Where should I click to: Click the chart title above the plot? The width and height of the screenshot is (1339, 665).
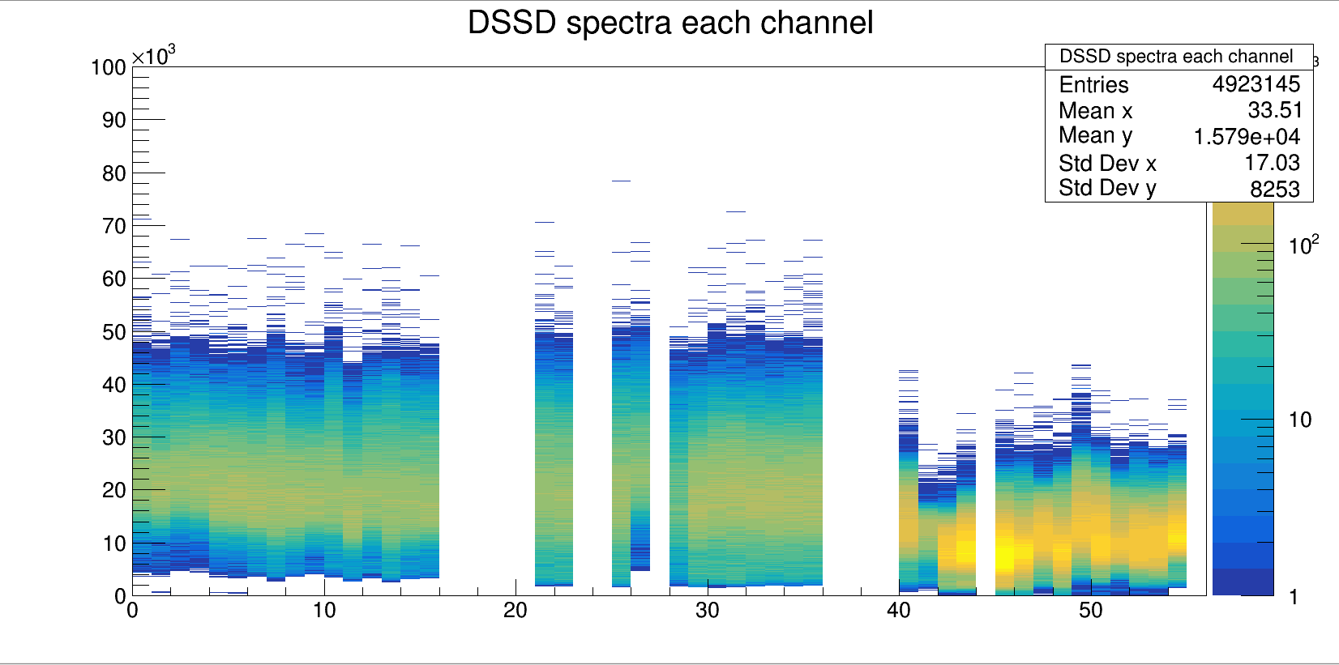[670, 23]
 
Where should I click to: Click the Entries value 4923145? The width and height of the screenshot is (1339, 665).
[1256, 84]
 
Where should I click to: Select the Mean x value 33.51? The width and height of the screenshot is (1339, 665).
[1274, 110]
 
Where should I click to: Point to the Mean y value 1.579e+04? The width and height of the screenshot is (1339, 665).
[1247, 137]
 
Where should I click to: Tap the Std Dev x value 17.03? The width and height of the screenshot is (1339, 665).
[1272, 163]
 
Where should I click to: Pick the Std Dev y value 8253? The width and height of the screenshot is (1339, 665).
[1274, 189]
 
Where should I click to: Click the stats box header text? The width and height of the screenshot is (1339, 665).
[1176, 56]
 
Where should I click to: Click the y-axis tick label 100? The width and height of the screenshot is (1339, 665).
[109, 67]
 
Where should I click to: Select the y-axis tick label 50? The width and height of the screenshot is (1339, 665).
[114, 332]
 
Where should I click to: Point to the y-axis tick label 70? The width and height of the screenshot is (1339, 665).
[114, 226]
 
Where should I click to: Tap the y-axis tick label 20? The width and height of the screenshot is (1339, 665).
[114, 490]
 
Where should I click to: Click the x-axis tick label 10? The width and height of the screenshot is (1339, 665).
[324, 611]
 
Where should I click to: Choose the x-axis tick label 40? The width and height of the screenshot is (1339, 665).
[899, 611]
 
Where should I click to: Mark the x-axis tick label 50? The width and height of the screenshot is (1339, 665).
[1090, 611]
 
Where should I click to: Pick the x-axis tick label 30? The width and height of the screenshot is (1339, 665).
[707, 611]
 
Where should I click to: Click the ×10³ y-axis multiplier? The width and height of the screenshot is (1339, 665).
[153, 56]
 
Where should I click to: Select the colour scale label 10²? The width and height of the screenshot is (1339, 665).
[1303, 245]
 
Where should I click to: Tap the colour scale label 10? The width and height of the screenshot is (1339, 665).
[1300, 420]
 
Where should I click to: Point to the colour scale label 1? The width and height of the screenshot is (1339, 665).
[1294, 597]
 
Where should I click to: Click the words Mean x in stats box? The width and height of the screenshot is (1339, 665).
[1096, 111]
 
